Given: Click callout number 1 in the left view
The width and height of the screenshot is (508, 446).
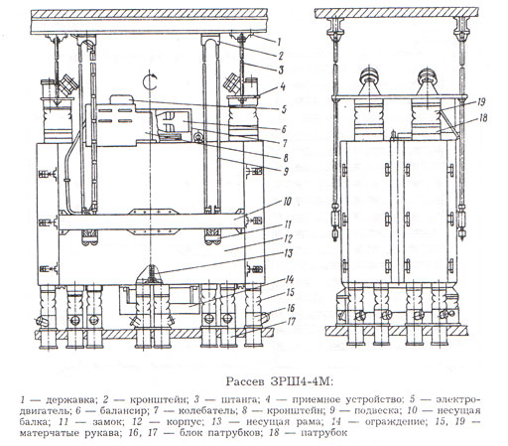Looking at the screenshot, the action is [279, 42].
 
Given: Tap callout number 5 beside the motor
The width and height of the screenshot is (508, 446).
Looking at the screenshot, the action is [284, 109].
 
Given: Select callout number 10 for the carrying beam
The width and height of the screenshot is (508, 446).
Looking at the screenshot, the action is [287, 201].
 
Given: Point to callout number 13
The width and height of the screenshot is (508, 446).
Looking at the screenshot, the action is [289, 253].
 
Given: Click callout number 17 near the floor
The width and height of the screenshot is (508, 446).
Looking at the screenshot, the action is [291, 322].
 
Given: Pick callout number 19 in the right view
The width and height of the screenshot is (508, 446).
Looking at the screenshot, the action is [481, 102].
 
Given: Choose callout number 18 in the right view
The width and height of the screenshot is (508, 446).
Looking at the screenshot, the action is [483, 118].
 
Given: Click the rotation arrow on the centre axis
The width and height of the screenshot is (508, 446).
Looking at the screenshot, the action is [151, 81].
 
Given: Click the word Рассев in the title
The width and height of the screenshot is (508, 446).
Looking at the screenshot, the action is [245, 381].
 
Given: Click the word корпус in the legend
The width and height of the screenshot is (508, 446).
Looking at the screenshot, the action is [185, 422].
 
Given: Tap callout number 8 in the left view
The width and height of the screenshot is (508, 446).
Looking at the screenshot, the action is [286, 158].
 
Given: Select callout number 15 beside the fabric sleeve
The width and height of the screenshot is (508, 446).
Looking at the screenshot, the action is [291, 293].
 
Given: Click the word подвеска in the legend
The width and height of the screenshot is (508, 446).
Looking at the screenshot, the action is [376, 411].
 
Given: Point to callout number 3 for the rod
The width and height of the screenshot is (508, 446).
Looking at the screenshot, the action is [281, 70].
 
